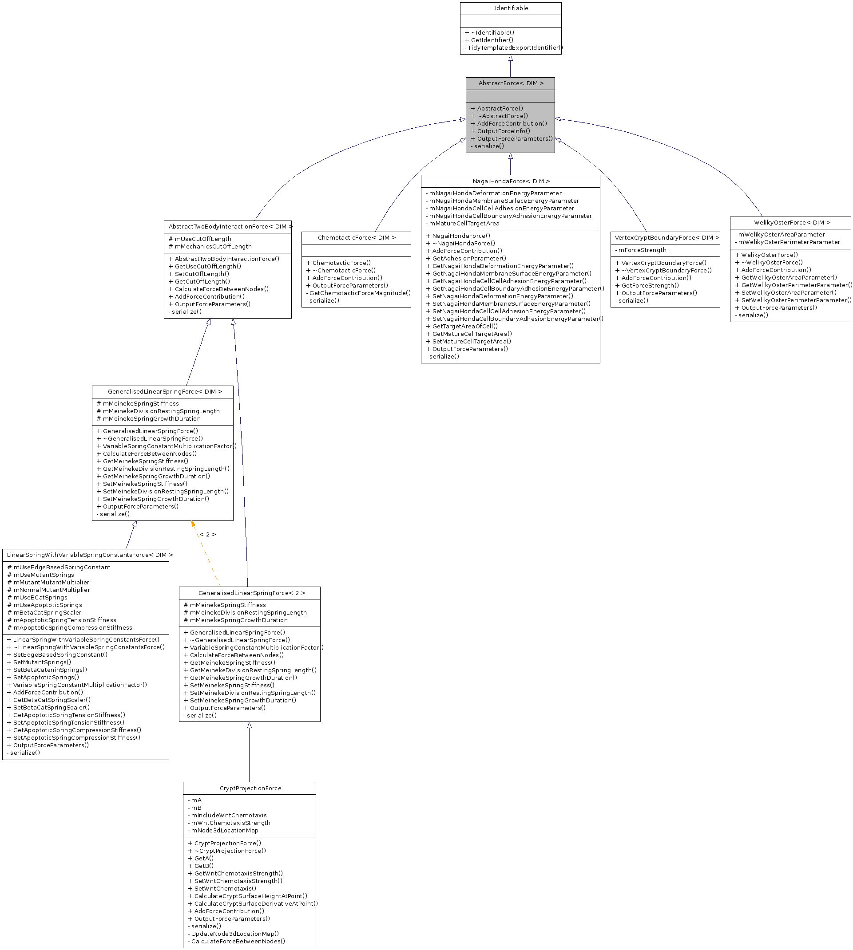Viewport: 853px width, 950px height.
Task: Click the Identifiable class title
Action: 511,8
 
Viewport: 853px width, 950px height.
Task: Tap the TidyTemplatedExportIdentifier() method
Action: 515,48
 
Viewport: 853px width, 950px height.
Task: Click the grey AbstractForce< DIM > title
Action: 511,83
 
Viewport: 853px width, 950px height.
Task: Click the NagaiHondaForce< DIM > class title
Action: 511,181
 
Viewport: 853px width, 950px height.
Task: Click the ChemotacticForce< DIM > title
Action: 357,238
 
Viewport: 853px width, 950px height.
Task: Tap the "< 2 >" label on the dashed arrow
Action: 208,535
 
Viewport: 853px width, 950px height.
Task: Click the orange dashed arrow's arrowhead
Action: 193,524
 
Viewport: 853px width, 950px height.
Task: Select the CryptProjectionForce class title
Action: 250,788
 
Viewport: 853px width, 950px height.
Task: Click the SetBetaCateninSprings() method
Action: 50,670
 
